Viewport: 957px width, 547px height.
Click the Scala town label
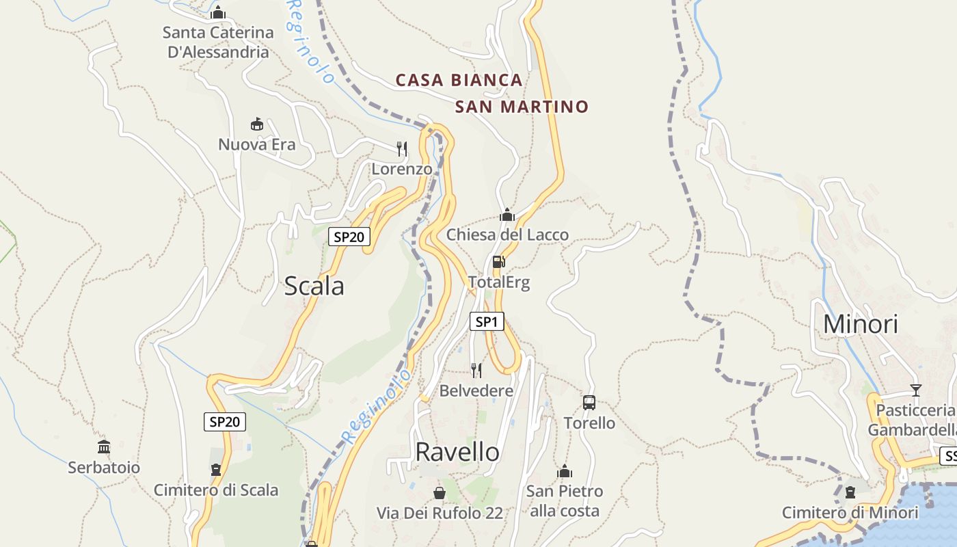[314, 286]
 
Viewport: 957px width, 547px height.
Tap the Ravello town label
[457, 452]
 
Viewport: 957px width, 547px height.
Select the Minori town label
[860, 323]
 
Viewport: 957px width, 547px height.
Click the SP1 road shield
[487, 321]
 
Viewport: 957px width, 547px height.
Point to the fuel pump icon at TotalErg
[499, 262]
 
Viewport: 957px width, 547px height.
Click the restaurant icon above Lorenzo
[402, 148]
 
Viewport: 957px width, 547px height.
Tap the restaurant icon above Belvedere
[476, 371]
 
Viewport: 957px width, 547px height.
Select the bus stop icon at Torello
[589, 403]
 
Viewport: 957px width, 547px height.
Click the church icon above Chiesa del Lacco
[507, 215]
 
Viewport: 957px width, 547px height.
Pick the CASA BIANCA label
[459, 80]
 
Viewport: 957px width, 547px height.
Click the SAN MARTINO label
[522, 107]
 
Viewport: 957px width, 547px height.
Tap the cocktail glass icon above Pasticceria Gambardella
[916, 390]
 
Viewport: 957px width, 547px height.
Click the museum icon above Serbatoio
[104, 447]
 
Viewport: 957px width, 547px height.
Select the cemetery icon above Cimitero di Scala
[216, 470]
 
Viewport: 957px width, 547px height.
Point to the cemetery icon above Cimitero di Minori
[850, 492]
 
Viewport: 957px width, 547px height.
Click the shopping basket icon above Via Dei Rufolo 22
[440, 492]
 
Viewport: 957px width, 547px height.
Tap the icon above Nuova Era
[257, 124]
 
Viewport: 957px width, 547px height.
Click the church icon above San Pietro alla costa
[565, 471]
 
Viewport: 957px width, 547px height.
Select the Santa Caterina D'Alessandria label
[218, 42]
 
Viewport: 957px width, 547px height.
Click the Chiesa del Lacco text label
[507, 235]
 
